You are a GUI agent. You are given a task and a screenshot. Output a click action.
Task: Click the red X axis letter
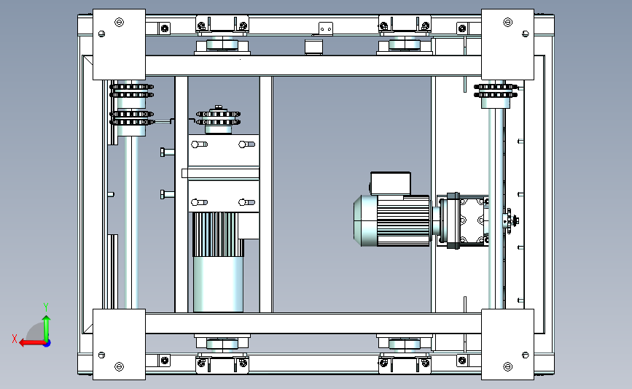[x=15, y=339]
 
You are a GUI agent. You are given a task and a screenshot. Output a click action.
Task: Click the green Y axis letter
[x=46, y=307]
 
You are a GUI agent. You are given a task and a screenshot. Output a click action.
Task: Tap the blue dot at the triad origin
[x=47, y=344]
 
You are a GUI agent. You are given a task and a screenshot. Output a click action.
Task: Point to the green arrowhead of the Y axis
[x=47, y=319]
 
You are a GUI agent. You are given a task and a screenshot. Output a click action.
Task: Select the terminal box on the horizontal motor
[x=391, y=184]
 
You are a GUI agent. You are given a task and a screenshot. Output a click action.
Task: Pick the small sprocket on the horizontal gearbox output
[x=510, y=220]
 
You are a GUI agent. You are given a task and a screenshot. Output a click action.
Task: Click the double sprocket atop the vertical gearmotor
[x=218, y=118]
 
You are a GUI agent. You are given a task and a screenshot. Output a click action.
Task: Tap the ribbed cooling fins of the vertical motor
[x=218, y=234]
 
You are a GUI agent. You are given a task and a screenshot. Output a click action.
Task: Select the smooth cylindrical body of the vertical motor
[x=218, y=285]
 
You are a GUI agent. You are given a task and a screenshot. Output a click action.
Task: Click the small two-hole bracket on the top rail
[x=326, y=28]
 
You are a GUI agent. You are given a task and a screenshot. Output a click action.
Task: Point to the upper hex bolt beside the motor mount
[x=167, y=152]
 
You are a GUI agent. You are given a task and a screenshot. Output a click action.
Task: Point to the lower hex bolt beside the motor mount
[x=167, y=194]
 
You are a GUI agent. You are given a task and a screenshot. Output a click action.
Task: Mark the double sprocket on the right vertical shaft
[x=496, y=90]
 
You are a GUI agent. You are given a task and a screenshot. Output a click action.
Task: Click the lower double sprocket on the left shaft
[x=131, y=118]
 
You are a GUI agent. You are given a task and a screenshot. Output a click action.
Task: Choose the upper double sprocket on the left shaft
[x=131, y=90]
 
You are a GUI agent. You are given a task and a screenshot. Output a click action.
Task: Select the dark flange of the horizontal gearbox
[x=453, y=220]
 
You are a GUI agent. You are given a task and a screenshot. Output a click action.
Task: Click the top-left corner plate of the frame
[x=119, y=45]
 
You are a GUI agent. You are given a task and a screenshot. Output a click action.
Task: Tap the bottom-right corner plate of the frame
[x=507, y=344]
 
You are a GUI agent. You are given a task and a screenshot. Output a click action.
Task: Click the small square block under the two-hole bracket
[x=313, y=47]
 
